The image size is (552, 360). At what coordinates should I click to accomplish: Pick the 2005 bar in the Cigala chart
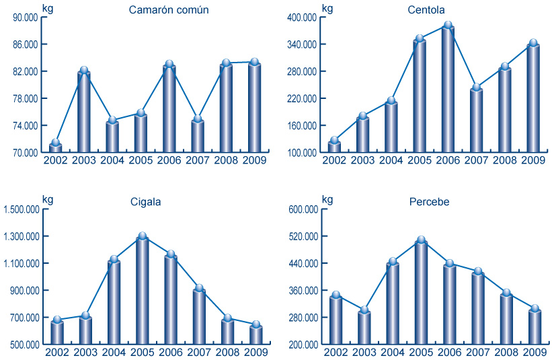tap(142, 290)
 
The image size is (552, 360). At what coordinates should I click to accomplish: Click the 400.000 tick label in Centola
tap(303, 17)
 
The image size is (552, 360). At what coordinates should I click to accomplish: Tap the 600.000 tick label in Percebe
tap(303, 209)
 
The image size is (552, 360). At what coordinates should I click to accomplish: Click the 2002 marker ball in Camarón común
tap(56, 143)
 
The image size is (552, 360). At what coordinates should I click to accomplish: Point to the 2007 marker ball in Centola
tap(476, 87)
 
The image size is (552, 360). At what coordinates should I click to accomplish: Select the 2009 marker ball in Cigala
tap(255, 324)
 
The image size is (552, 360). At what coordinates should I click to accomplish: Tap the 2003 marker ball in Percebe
tap(364, 310)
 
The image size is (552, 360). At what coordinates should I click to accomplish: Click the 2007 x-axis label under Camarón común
tap(198, 160)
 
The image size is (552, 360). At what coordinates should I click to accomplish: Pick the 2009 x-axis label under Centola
tap(533, 160)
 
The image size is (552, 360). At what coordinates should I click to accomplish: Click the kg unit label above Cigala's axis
tap(47, 199)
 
